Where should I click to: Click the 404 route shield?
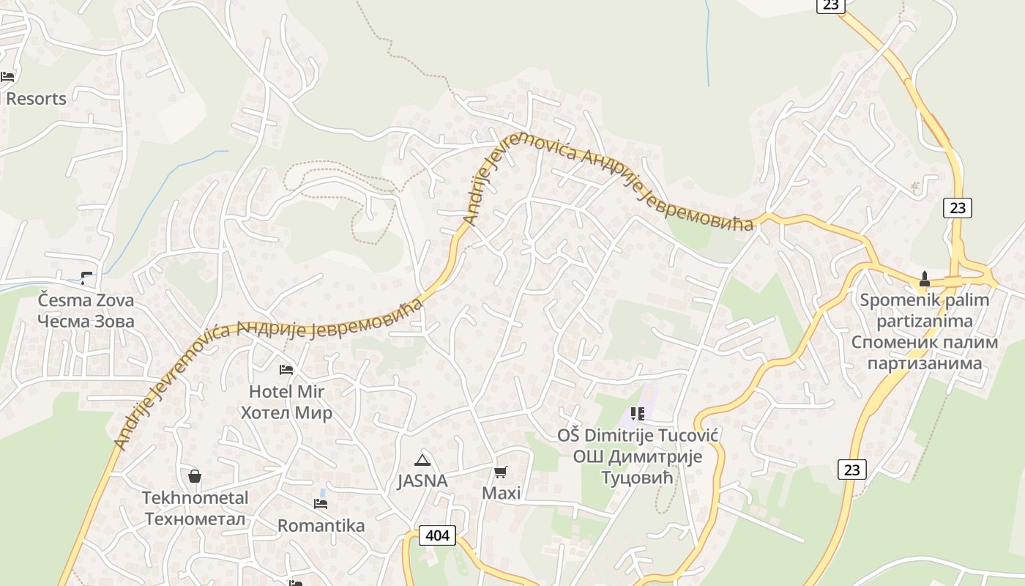coord(437,535)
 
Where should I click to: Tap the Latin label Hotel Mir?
coord(286,391)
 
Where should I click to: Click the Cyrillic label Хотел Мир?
coord(286,412)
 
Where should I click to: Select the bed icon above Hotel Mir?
coord(286,370)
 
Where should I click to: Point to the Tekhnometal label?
coord(195,498)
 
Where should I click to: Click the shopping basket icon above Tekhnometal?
coord(195,476)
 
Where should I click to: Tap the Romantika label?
coord(321,525)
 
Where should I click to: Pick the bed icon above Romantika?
coord(321,504)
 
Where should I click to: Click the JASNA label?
coord(422,481)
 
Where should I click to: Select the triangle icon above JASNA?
coord(422,460)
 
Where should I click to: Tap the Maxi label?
coord(501,493)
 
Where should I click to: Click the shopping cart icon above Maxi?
coord(501,472)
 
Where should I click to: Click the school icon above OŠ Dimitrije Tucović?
coord(637,414)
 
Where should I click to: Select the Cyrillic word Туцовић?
coord(637,478)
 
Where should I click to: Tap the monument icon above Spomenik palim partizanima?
coord(924,279)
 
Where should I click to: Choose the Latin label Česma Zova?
coord(86,300)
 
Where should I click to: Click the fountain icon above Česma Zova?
coord(86,278)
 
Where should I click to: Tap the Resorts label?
coord(36,98)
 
